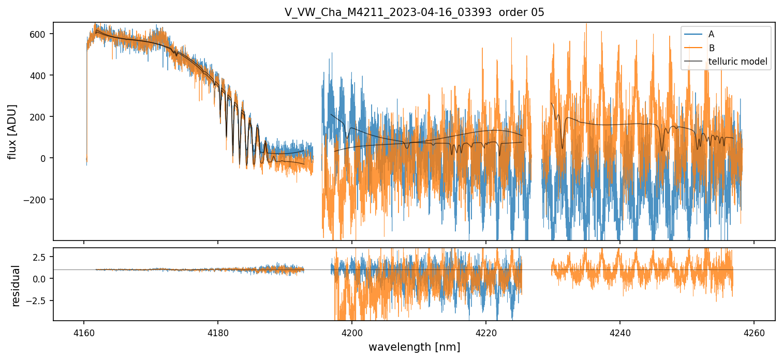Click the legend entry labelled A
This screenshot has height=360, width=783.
pyautogui.click(x=711, y=34)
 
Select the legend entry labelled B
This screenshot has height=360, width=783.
pyautogui.click(x=711, y=48)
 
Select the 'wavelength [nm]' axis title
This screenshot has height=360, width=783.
pyautogui.click(x=414, y=347)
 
